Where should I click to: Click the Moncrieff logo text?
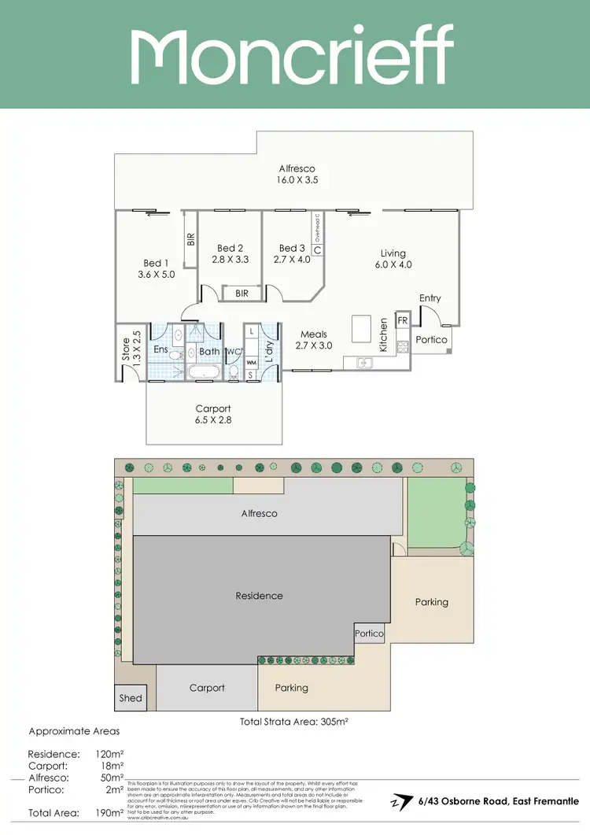pyautogui.click(x=292, y=54)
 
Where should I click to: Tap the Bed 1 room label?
pyautogui.click(x=156, y=263)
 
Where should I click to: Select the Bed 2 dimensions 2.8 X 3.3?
pyautogui.click(x=230, y=259)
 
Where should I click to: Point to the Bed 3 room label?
pyautogui.click(x=292, y=248)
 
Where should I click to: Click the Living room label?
pyautogui.click(x=393, y=253)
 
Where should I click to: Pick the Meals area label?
pyautogui.click(x=314, y=334)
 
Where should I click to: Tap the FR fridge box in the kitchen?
pyautogui.click(x=402, y=320)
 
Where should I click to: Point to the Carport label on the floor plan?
pyautogui.click(x=213, y=408)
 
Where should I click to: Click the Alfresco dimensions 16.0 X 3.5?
pyautogui.click(x=297, y=179)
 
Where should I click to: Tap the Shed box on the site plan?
pyautogui.click(x=131, y=697)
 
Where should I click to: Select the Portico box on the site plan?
pyautogui.click(x=369, y=633)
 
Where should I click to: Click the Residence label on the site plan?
pyautogui.click(x=260, y=596)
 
